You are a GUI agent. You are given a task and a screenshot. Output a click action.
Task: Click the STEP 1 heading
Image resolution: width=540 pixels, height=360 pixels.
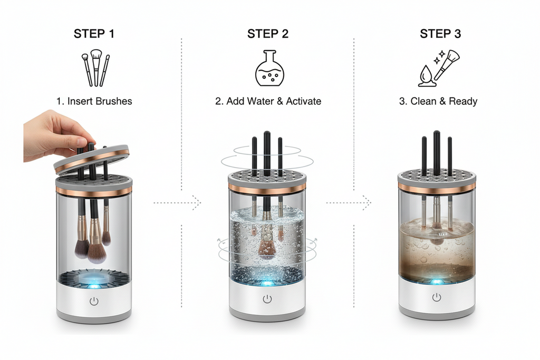coord(94,34)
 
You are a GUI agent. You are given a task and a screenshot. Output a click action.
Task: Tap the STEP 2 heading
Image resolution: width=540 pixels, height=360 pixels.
coord(267,34)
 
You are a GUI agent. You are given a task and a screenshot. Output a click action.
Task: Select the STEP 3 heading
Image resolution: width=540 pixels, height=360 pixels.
coord(440,34)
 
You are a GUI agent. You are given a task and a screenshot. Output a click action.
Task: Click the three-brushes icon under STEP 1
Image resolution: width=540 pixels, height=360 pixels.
coord(95,68)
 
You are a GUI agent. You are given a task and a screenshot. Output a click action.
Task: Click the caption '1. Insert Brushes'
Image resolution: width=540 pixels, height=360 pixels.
coord(94,101)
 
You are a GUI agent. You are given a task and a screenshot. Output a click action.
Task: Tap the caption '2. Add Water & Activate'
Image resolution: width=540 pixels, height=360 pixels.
coord(268,101)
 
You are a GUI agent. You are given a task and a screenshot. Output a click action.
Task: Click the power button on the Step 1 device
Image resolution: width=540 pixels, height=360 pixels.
coord(94,301)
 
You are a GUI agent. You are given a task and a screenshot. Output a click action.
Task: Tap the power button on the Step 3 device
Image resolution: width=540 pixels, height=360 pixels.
coord(436,297)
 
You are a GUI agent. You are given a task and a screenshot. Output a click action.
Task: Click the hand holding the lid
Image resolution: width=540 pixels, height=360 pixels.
coord(53,134)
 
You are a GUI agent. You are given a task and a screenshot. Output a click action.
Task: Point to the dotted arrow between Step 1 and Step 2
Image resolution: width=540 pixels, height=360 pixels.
coord(177,202)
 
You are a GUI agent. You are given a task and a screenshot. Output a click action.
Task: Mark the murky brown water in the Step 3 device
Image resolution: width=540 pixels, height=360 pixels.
coord(436,253)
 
